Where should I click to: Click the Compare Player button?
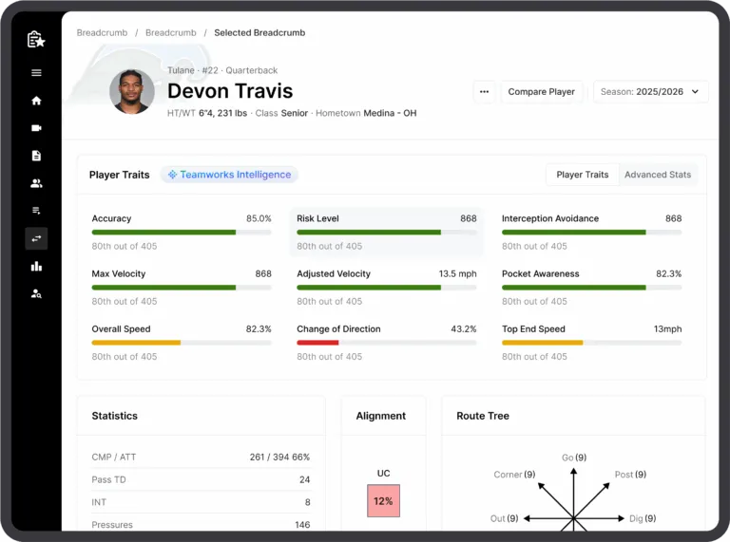[541, 92]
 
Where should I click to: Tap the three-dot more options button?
[485, 92]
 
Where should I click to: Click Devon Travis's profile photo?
[132, 92]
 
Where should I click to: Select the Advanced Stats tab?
[658, 175]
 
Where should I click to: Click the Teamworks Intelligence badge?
[229, 175]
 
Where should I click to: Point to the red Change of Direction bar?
[317, 343]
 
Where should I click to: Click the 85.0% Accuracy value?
[259, 218]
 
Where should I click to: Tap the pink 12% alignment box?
[383, 501]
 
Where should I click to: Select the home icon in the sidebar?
[36, 101]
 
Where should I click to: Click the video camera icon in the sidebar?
[36, 128]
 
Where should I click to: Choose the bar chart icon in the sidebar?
[36, 266]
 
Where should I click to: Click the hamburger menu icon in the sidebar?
[36, 73]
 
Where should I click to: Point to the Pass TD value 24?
[304, 479]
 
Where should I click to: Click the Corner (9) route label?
[514, 475]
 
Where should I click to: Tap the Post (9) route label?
[630, 475]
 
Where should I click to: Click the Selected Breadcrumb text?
[259, 33]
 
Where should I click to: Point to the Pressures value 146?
[301, 525]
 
